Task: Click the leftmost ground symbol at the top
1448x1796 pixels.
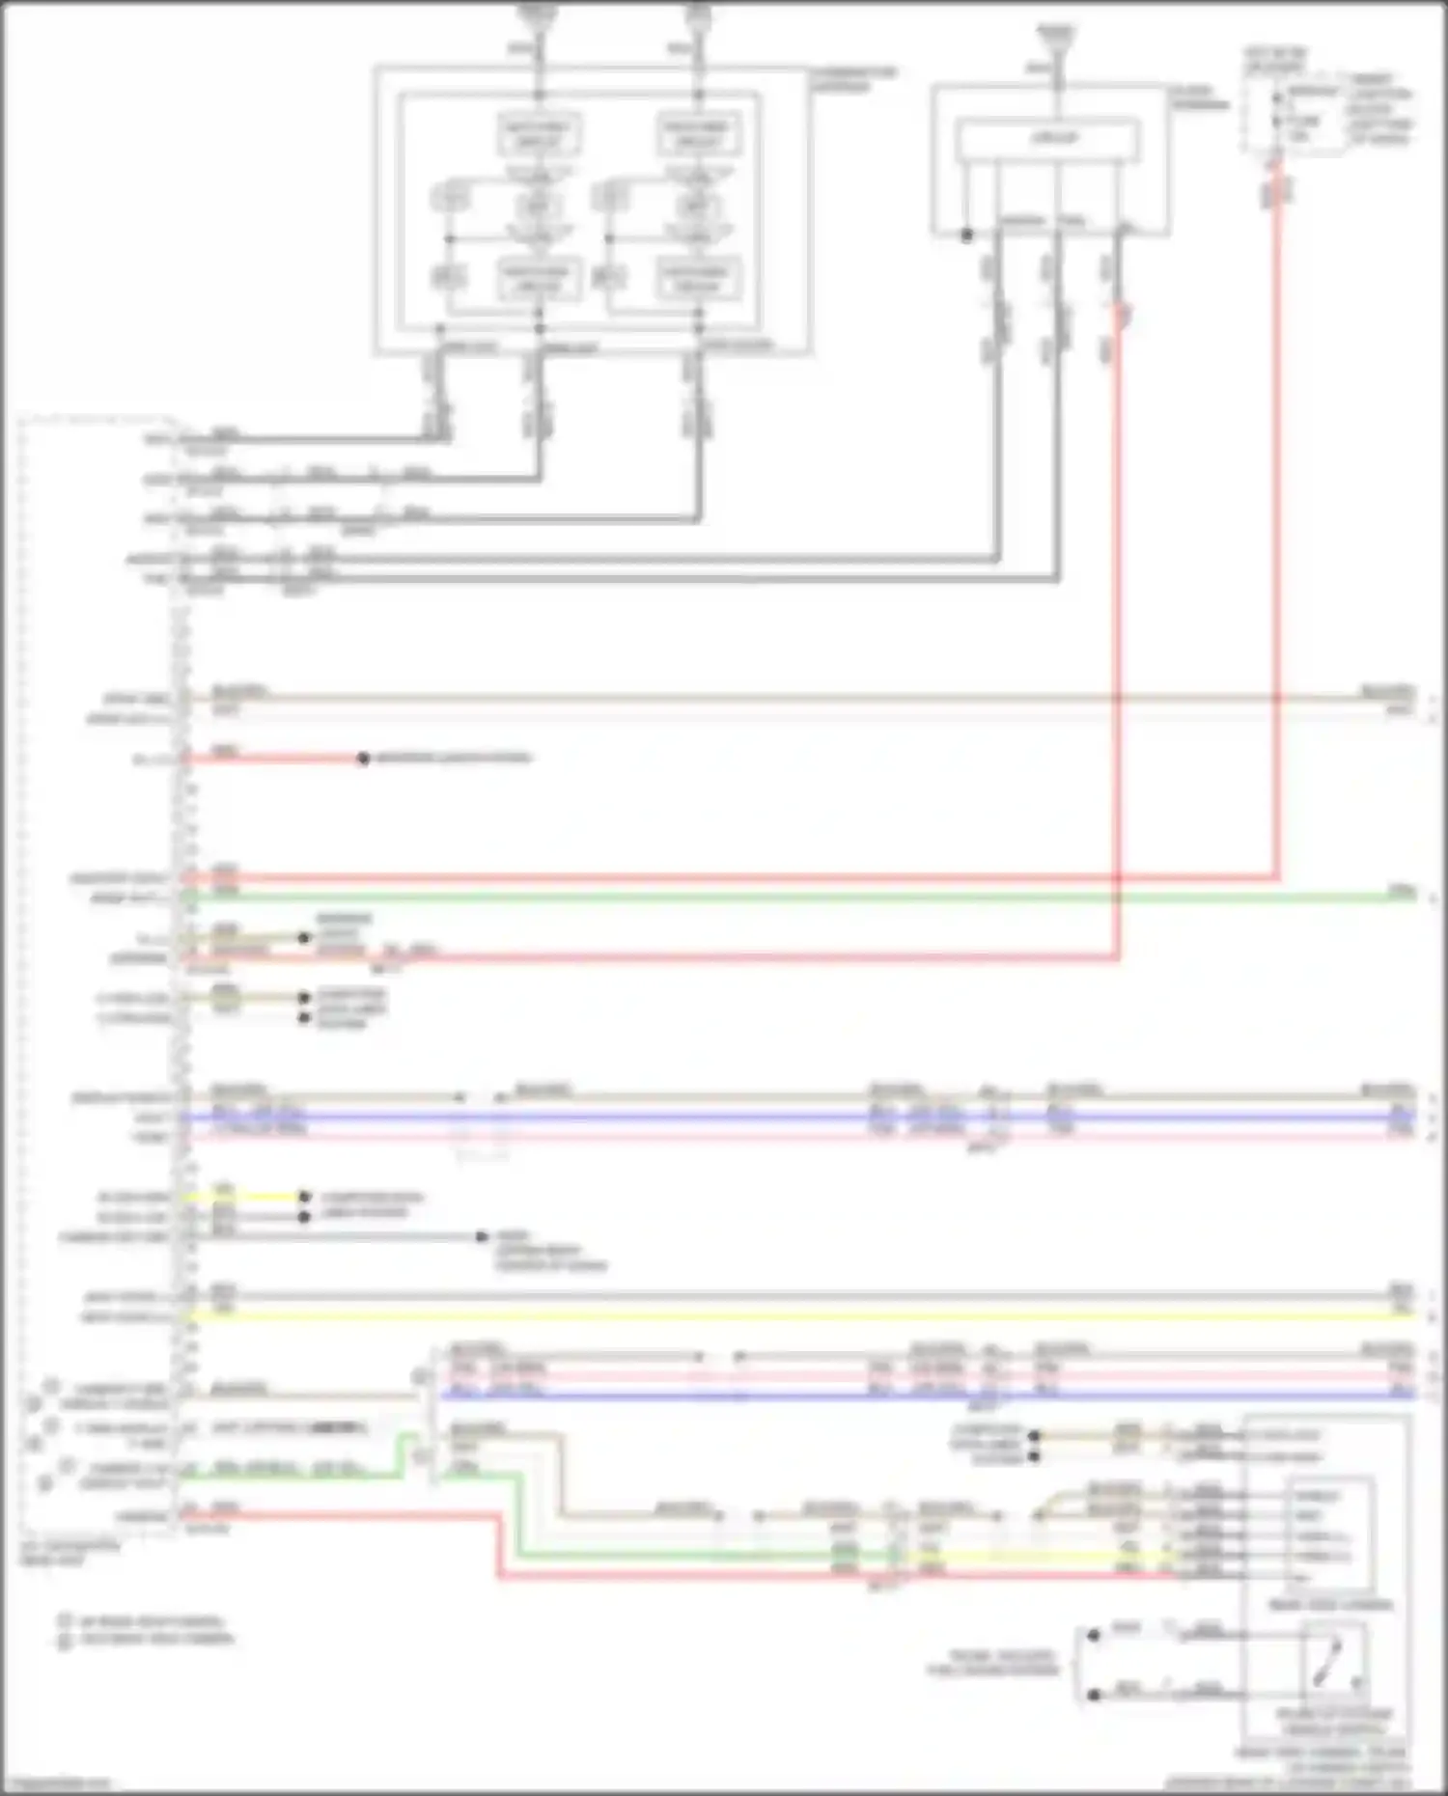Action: (539, 14)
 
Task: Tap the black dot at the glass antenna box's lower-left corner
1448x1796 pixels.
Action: (966, 235)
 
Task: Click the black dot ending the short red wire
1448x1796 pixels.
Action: (363, 759)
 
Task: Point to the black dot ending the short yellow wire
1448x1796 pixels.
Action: (304, 1197)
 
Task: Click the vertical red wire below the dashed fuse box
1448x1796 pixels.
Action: (1276, 531)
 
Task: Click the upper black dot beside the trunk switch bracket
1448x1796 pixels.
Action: (1094, 1635)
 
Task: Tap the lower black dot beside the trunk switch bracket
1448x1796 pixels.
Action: (1094, 1695)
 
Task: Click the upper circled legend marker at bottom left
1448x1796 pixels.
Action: (65, 1621)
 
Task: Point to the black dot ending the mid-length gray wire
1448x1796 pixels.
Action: (482, 1237)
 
